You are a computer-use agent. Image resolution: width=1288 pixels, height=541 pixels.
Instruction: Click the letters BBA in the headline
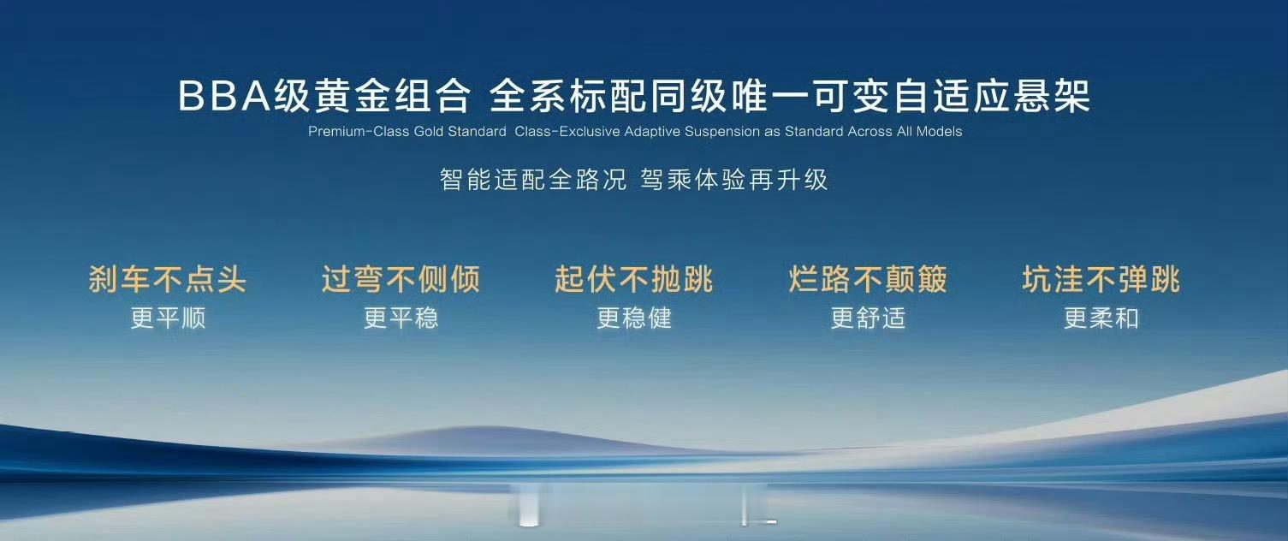point(224,95)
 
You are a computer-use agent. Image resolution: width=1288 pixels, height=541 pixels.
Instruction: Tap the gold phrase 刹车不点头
point(168,279)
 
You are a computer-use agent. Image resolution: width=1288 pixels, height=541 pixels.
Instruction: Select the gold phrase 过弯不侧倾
point(401,279)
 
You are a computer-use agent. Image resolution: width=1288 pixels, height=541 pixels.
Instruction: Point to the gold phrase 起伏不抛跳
point(633,279)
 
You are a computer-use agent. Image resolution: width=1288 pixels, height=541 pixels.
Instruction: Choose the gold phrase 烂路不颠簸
point(868,279)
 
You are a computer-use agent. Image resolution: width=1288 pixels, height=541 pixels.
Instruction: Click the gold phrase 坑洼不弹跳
point(1101,279)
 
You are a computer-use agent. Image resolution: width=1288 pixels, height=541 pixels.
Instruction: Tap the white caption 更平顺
point(168,318)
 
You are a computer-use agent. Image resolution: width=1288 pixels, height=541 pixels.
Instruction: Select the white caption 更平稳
point(401,318)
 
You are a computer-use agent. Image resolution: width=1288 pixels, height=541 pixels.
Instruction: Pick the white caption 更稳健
point(634,318)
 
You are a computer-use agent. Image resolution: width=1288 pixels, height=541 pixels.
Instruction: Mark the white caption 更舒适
point(869,318)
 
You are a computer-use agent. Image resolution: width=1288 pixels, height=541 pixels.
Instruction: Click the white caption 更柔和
point(1101,318)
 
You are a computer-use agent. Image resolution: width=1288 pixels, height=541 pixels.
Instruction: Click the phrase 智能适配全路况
point(533,180)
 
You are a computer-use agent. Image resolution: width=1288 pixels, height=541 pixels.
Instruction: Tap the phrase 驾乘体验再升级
point(733,180)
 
